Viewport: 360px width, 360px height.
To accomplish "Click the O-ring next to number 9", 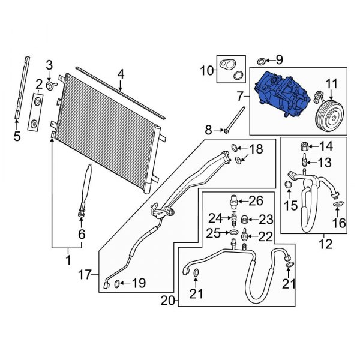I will pos(261,61).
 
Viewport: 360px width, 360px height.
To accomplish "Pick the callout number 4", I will pos(120,75).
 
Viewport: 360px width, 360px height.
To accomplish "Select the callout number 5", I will pos(17,137).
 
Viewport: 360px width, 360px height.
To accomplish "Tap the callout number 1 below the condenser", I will pos(67,260).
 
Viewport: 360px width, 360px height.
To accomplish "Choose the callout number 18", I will pos(255,149).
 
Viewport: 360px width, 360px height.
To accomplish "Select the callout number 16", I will pos(340,223).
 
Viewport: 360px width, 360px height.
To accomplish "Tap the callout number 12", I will pos(325,244).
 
